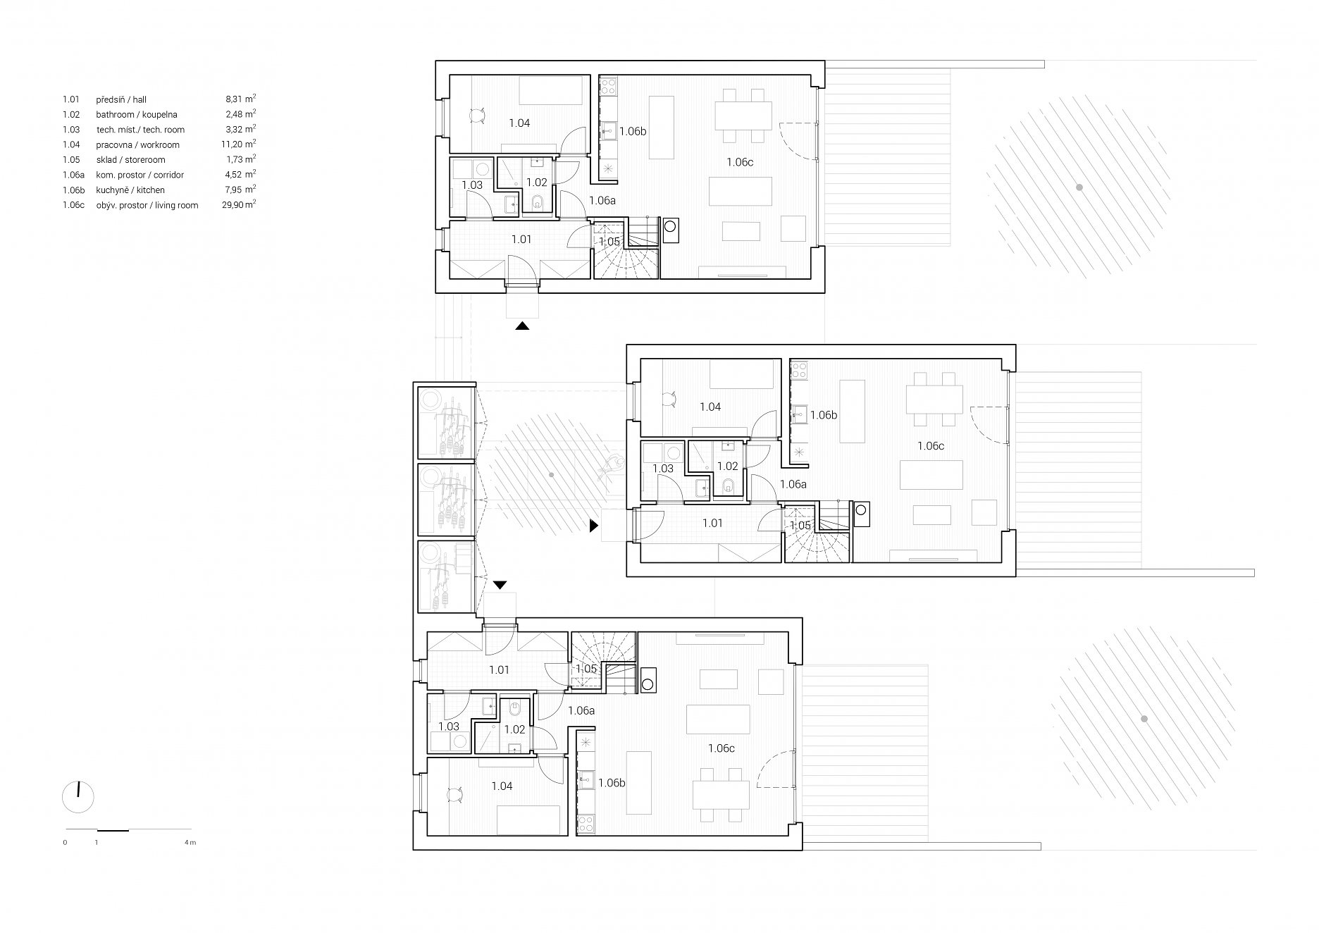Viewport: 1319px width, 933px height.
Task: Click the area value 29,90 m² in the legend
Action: coord(236,204)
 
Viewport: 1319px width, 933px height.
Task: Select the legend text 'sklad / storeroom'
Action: coord(130,160)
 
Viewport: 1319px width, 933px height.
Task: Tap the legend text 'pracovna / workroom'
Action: coord(137,144)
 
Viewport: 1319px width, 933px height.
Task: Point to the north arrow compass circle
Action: coord(78,796)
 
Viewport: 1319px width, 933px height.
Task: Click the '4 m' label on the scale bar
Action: coord(190,842)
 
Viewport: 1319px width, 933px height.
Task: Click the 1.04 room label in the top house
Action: coord(519,123)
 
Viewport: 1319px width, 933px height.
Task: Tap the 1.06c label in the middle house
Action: coord(930,446)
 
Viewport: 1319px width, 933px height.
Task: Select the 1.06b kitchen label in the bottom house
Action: coord(612,783)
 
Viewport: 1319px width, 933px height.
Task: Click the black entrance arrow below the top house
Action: coord(522,326)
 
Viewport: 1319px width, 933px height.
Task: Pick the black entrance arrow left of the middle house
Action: coord(594,526)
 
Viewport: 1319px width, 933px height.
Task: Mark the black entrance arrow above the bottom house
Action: coord(500,585)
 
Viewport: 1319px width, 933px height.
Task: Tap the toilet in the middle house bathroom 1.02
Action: coord(727,484)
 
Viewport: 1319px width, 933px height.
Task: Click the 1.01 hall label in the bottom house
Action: coord(499,670)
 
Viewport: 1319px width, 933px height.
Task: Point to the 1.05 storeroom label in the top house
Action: coord(609,242)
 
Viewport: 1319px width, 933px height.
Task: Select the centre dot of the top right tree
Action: coord(1079,187)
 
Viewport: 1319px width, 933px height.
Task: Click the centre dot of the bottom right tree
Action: coord(1144,719)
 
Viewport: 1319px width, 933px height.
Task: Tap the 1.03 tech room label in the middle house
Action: coord(663,469)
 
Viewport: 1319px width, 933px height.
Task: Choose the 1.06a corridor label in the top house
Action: coord(602,200)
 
